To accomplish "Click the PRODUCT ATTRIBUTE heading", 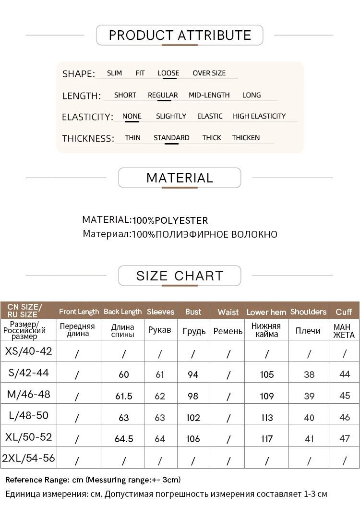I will (180, 36).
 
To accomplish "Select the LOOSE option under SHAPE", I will (168, 73).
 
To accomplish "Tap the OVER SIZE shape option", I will (209, 73).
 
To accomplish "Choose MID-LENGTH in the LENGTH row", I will (209, 95).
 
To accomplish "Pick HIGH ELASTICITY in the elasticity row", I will (259, 116).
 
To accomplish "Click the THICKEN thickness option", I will (246, 138).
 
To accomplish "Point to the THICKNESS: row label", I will (88, 139).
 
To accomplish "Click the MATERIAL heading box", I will (180, 178).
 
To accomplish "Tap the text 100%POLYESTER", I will (170, 221).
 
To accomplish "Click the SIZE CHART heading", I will (180, 276).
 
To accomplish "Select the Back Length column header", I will (122, 312).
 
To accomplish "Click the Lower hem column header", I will (266, 312).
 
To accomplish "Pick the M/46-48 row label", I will (28, 395).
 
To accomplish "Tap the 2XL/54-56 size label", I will (28, 458).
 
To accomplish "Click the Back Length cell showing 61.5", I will (124, 396).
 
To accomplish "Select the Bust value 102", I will (193, 417).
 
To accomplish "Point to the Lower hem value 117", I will (266, 439).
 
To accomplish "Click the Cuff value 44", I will (345, 374).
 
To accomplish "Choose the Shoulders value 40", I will (309, 417).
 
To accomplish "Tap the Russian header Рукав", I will (160, 331).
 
